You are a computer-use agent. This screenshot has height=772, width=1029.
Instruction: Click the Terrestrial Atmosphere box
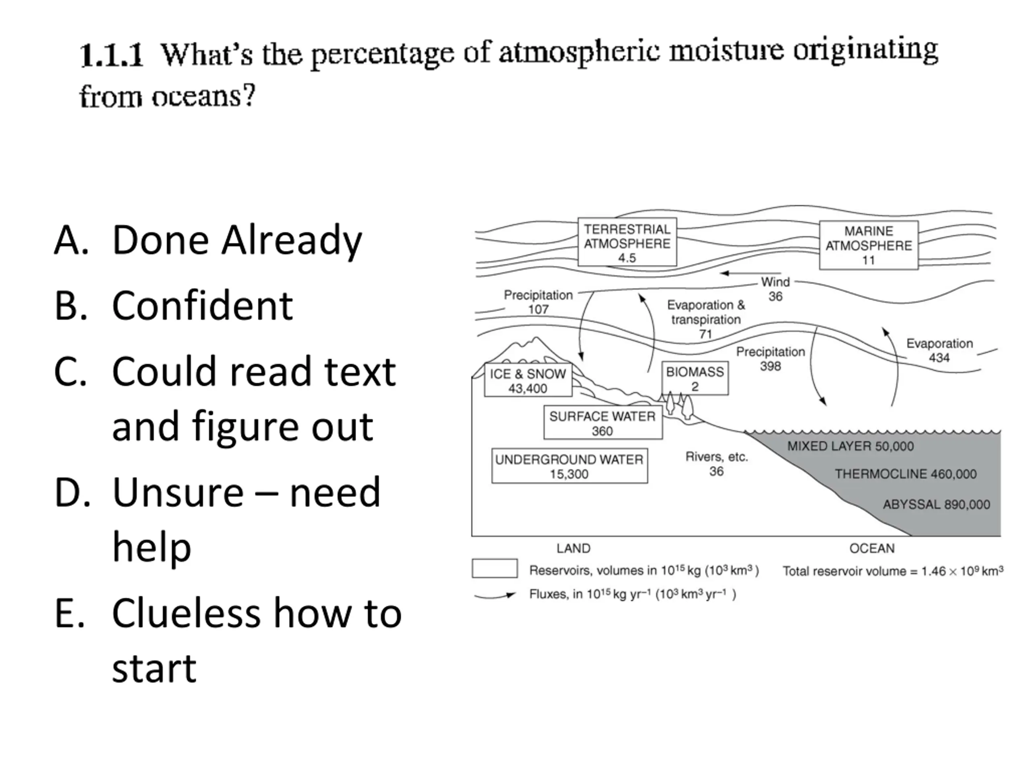click(x=627, y=242)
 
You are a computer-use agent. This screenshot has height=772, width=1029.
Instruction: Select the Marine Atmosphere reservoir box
click(x=868, y=245)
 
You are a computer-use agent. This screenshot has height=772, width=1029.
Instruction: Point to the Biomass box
click(x=695, y=378)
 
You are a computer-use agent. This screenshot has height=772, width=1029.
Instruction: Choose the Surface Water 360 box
click(x=603, y=423)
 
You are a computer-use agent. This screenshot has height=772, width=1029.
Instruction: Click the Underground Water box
click(x=569, y=466)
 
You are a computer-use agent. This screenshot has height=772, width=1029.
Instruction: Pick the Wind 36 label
click(x=775, y=289)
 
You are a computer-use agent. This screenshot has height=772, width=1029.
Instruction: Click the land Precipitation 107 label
click(x=538, y=302)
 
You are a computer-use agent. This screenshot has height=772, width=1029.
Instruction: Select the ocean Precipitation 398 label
click(x=771, y=358)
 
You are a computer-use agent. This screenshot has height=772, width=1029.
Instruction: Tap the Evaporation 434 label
click(x=939, y=350)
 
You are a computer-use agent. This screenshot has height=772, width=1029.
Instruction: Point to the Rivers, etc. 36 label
click(x=716, y=464)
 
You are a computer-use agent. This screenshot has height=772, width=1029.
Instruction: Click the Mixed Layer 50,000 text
click(x=851, y=446)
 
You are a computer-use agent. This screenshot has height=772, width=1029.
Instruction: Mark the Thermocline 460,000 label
click(x=905, y=474)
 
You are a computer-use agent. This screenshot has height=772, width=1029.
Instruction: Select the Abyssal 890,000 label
click(x=936, y=504)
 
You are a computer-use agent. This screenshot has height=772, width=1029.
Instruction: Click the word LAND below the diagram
click(x=573, y=548)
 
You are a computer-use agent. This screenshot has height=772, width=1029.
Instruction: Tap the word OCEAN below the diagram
click(x=872, y=548)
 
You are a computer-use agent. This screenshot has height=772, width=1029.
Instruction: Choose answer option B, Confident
click(x=202, y=306)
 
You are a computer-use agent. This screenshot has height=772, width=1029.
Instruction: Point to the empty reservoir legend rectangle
click(x=494, y=568)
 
